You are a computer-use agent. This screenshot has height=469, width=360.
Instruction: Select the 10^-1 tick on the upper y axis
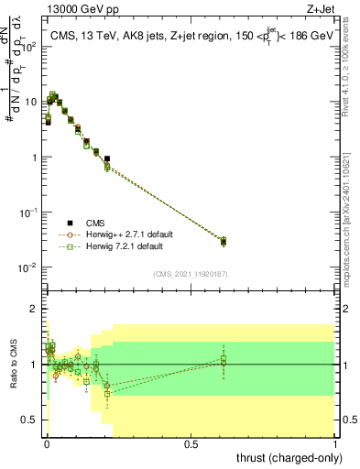click(29, 213)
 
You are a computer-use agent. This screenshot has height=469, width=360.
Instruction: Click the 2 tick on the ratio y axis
click(35, 309)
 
